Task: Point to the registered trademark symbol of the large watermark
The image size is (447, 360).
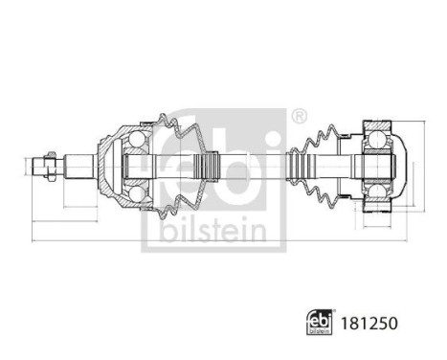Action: (x=299, y=118)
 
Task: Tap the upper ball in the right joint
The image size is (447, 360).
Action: (x=377, y=143)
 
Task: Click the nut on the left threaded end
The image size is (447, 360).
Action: (x=41, y=168)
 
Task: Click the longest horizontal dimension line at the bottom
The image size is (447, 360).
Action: (x=220, y=239)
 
